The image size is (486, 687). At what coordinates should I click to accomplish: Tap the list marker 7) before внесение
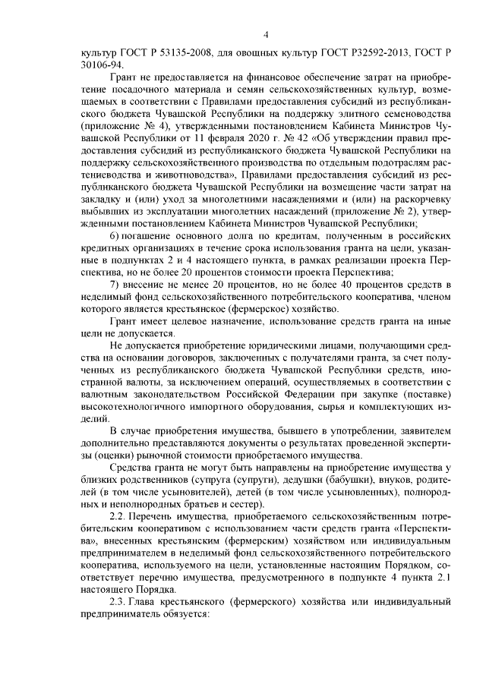tap(115, 284)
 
